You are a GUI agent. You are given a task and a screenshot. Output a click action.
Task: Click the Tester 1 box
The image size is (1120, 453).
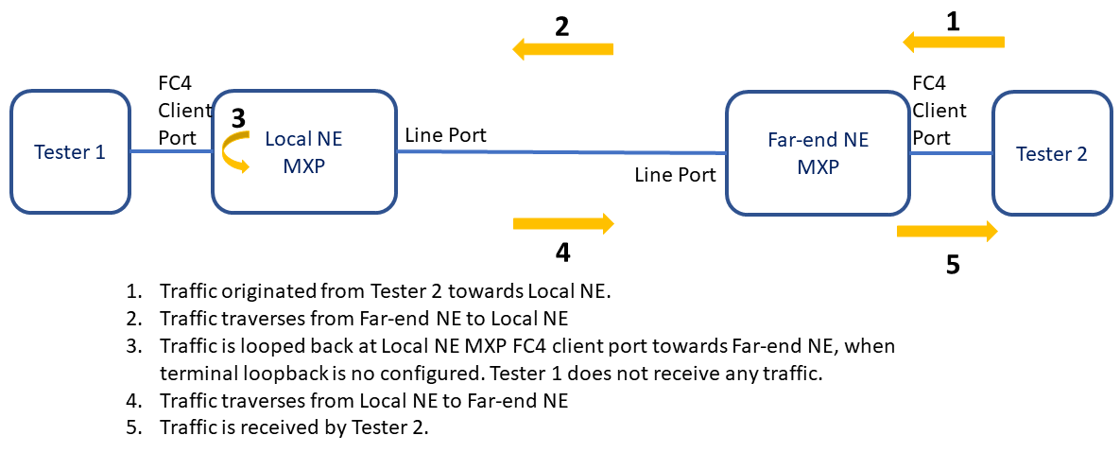[69, 151]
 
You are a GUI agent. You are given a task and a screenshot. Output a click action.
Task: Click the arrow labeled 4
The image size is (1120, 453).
[563, 223]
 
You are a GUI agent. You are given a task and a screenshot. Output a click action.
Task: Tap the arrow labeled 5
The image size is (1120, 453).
[947, 231]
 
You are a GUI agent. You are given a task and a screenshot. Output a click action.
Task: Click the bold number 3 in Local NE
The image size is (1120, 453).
[238, 118]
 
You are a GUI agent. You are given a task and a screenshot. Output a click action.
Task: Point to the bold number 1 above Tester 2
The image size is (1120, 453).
[953, 21]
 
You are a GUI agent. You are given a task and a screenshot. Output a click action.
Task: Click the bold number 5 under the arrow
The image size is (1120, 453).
[953, 265]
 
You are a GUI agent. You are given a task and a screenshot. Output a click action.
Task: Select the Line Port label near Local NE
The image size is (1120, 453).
[445, 135]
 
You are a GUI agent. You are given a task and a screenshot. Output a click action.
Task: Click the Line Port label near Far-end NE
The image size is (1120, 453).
[675, 174]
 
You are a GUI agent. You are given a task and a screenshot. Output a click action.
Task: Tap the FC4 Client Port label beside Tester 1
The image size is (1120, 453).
[177, 110]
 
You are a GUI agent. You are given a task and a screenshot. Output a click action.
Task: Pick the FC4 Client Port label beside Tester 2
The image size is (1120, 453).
[939, 110]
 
